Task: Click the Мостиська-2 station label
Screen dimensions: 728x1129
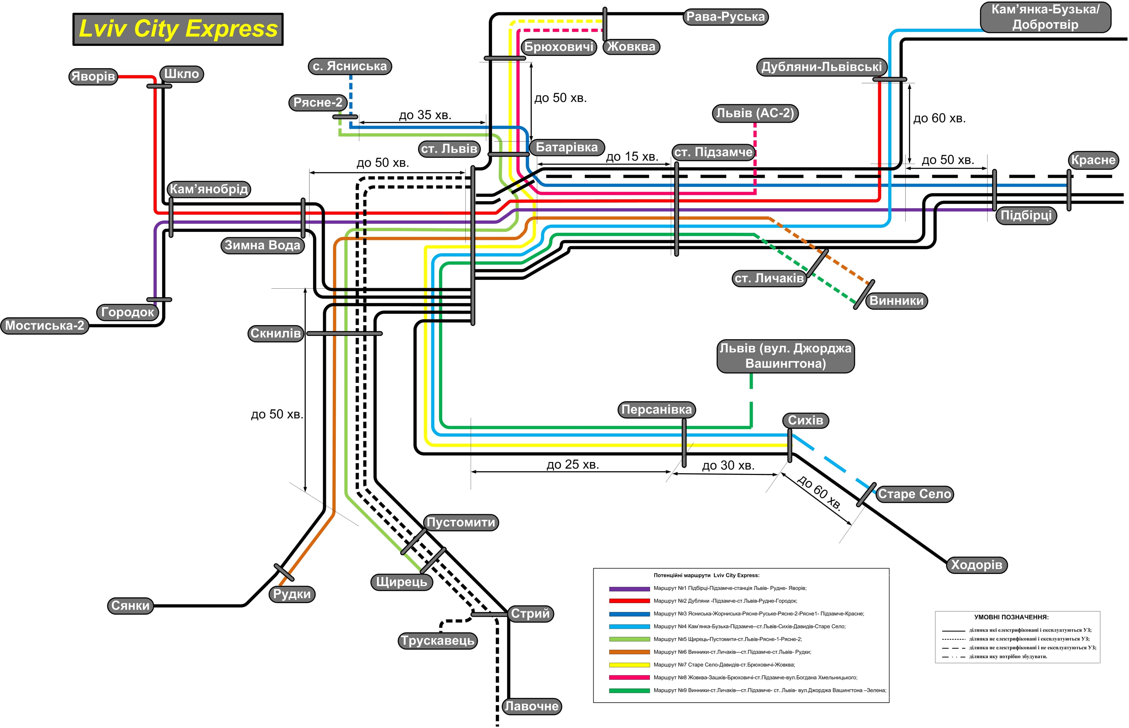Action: [x=44, y=326]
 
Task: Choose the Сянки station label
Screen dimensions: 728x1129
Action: [x=131, y=605]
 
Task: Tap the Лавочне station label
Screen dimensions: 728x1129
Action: [x=531, y=706]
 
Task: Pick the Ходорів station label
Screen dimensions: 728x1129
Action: [x=976, y=565]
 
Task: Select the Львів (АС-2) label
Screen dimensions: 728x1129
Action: [x=755, y=113]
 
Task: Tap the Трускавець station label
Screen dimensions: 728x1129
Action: [x=437, y=640]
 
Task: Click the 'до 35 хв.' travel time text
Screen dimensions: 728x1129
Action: [x=425, y=115]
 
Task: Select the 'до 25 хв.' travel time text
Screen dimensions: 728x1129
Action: [x=572, y=465]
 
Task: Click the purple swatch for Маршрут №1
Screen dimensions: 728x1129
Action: [x=629, y=589]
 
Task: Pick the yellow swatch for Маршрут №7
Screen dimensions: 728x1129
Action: [x=629, y=665]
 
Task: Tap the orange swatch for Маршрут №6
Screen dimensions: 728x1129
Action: [x=629, y=652]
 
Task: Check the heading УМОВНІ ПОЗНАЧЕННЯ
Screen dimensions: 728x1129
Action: [x=1011, y=617]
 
